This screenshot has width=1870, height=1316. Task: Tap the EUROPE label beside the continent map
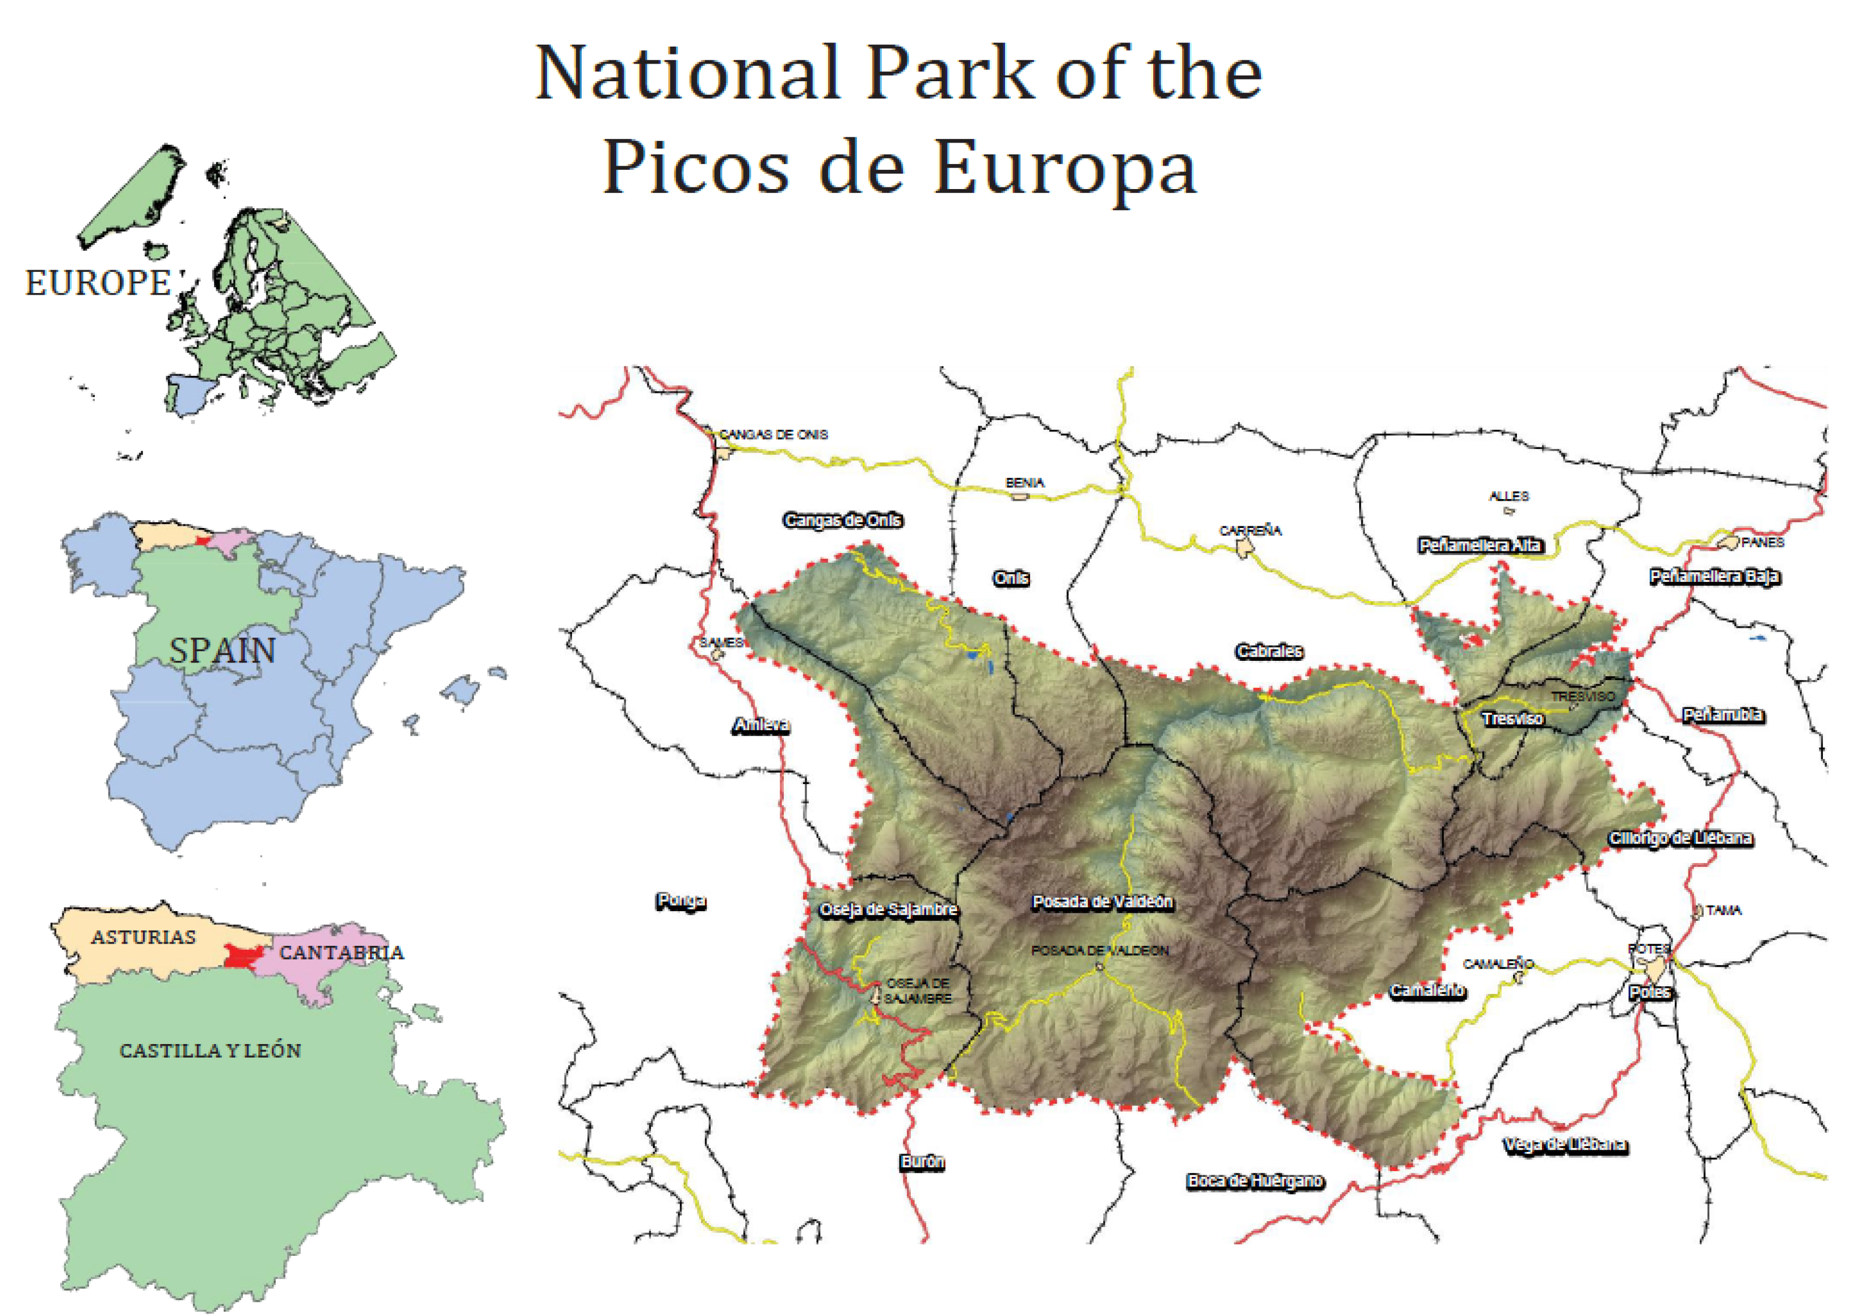click(99, 283)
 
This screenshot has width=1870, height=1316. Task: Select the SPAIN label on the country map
click(222, 650)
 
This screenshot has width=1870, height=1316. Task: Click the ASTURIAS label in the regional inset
click(144, 937)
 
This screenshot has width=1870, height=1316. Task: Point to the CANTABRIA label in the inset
click(341, 953)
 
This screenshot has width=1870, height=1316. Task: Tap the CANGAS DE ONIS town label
click(774, 435)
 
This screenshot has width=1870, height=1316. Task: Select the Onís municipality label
click(1011, 579)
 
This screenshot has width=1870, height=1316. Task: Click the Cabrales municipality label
click(1269, 651)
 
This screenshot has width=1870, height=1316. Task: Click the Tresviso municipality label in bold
click(1512, 719)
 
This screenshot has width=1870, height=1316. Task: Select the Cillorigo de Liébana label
click(1680, 839)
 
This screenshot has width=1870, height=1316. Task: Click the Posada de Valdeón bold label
click(1102, 902)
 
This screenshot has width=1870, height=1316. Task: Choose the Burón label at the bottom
click(922, 1162)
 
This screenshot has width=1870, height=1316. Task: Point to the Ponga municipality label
click(681, 901)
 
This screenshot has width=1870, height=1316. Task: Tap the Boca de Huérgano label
click(1254, 1181)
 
